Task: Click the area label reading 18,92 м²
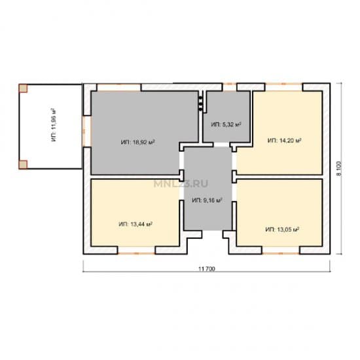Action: click(137, 142)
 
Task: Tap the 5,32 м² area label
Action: click(226, 124)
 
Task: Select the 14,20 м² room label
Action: click(285, 140)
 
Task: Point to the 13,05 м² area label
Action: click(282, 229)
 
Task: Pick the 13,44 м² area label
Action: click(135, 224)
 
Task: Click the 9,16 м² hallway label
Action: click(207, 200)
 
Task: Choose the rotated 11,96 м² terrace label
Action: click(54, 125)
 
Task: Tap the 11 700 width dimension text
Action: click(207, 268)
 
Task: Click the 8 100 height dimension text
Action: click(339, 169)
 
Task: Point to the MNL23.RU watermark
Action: click(181, 184)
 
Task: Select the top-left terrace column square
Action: click(23, 88)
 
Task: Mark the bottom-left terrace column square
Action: click(23, 164)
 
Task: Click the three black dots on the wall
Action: click(200, 103)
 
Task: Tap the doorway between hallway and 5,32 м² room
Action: click(221, 145)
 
